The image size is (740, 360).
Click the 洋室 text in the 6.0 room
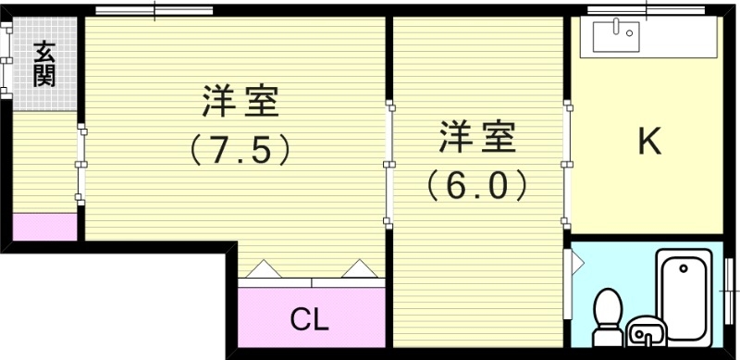pos(477,139)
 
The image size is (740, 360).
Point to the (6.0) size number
pos(477,185)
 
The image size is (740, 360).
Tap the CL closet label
pos(310,319)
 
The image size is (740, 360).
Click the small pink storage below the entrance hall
pos(44,227)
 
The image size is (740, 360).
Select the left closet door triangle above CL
pos(260,268)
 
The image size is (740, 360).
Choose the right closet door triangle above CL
pos(357,268)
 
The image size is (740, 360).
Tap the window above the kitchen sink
pos(647,11)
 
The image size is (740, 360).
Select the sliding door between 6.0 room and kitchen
pos(566,165)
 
